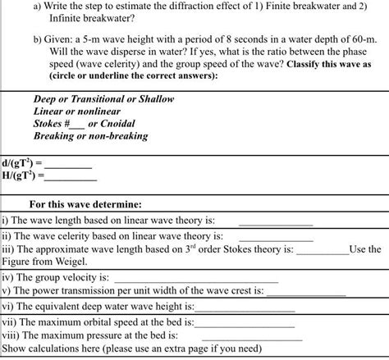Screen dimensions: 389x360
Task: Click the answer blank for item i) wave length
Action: (x=275, y=222)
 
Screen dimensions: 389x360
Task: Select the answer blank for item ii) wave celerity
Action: (x=276, y=236)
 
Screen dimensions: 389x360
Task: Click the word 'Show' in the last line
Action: (x=15, y=349)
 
